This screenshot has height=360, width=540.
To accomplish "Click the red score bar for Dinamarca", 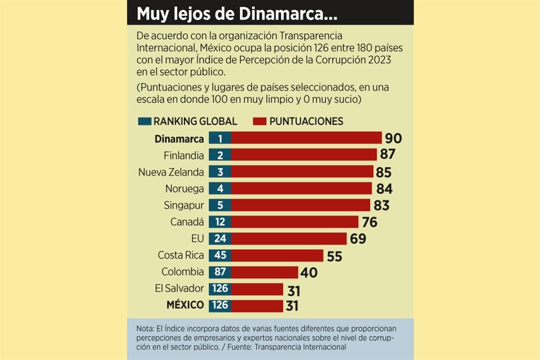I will tap(306, 138).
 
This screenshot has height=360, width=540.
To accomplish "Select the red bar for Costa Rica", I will tap(277, 255).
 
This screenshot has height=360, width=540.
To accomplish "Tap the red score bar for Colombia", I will tap(264, 272).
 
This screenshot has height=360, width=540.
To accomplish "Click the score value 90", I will tap(393, 138).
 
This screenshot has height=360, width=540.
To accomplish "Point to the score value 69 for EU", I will tap(358, 238).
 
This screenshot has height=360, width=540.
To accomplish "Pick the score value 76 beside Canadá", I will tap(369, 222).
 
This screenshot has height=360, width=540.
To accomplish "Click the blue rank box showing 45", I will tap(219, 255).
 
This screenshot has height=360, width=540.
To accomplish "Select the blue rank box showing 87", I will tap(219, 272).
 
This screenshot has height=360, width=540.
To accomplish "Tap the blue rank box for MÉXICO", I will tap(219, 305).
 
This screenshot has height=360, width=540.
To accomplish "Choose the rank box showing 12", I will tap(219, 222).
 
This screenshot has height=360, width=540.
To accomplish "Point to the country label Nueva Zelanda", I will tap(171, 172).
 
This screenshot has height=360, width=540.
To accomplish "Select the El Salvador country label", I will tap(178, 289).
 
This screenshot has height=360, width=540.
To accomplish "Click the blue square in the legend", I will tap(144, 121).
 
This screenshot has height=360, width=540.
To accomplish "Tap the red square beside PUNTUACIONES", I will tap(259, 121).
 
